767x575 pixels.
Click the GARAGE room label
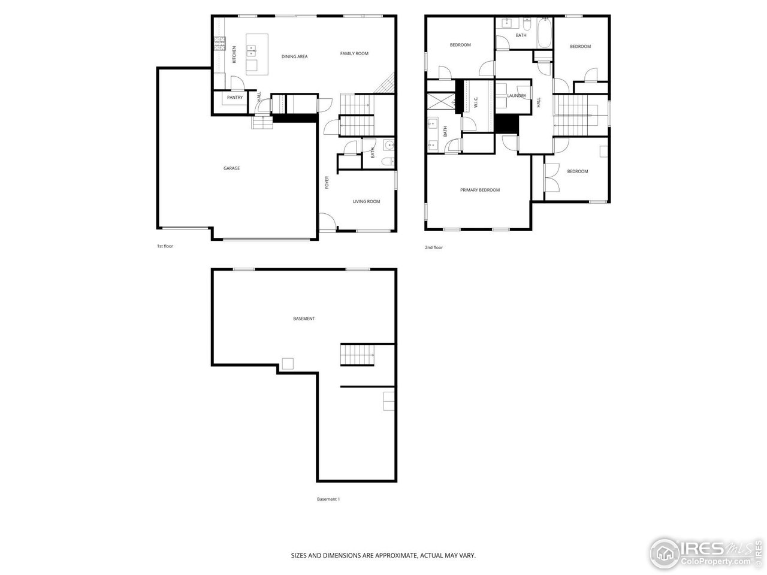click(x=231, y=168)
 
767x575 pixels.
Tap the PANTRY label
click(x=235, y=98)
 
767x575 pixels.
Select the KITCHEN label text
click(x=234, y=55)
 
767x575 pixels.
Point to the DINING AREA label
click(x=294, y=56)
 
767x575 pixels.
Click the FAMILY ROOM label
click(x=354, y=54)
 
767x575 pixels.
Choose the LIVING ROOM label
click(x=366, y=201)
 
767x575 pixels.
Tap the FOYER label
click(x=327, y=182)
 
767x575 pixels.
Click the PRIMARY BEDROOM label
click(x=479, y=190)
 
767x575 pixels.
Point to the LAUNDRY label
click(x=517, y=96)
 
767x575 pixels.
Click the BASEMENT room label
click(x=304, y=319)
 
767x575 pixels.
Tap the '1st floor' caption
click(x=165, y=246)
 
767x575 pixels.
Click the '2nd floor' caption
click(x=433, y=247)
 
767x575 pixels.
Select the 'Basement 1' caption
click(x=328, y=499)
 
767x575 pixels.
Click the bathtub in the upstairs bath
click(x=544, y=34)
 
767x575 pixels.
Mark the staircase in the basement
click(x=357, y=355)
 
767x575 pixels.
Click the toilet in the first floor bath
click(x=386, y=161)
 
